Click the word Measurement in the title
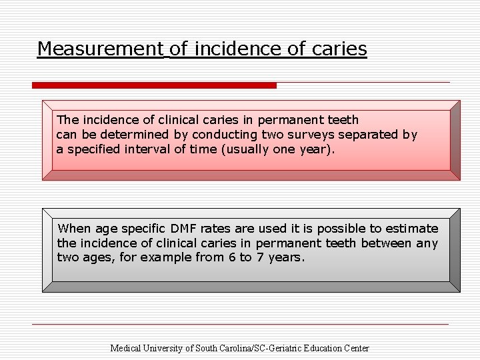100,49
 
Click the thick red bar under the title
154,85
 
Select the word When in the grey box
73,229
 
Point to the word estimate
413,229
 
